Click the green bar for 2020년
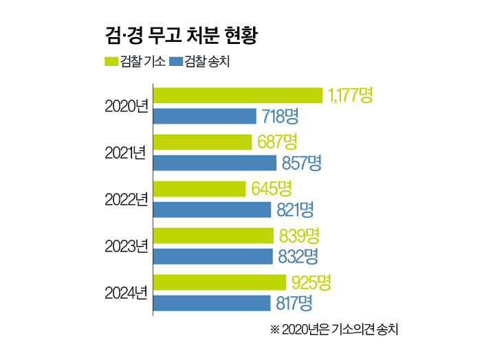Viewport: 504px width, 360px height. click(x=237, y=95)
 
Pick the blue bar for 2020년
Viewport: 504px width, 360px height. click(x=204, y=116)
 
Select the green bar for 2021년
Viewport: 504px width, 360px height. click(x=202, y=142)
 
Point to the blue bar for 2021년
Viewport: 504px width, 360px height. click(x=215, y=163)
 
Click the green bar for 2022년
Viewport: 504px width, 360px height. click(x=199, y=188)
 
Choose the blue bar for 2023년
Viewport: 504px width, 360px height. click(x=212, y=256)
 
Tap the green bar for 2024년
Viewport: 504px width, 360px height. click(x=219, y=282)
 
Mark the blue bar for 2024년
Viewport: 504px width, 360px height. click(x=211, y=303)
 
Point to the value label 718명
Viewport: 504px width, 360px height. click(x=282, y=116)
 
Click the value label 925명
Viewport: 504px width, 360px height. click(x=311, y=282)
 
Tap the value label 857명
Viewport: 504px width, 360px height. click(x=301, y=163)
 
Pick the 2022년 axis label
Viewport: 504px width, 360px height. click(x=126, y=199)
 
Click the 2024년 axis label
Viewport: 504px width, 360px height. click(x=126, y=293)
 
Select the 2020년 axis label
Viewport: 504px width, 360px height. click(x=126, y=106)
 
